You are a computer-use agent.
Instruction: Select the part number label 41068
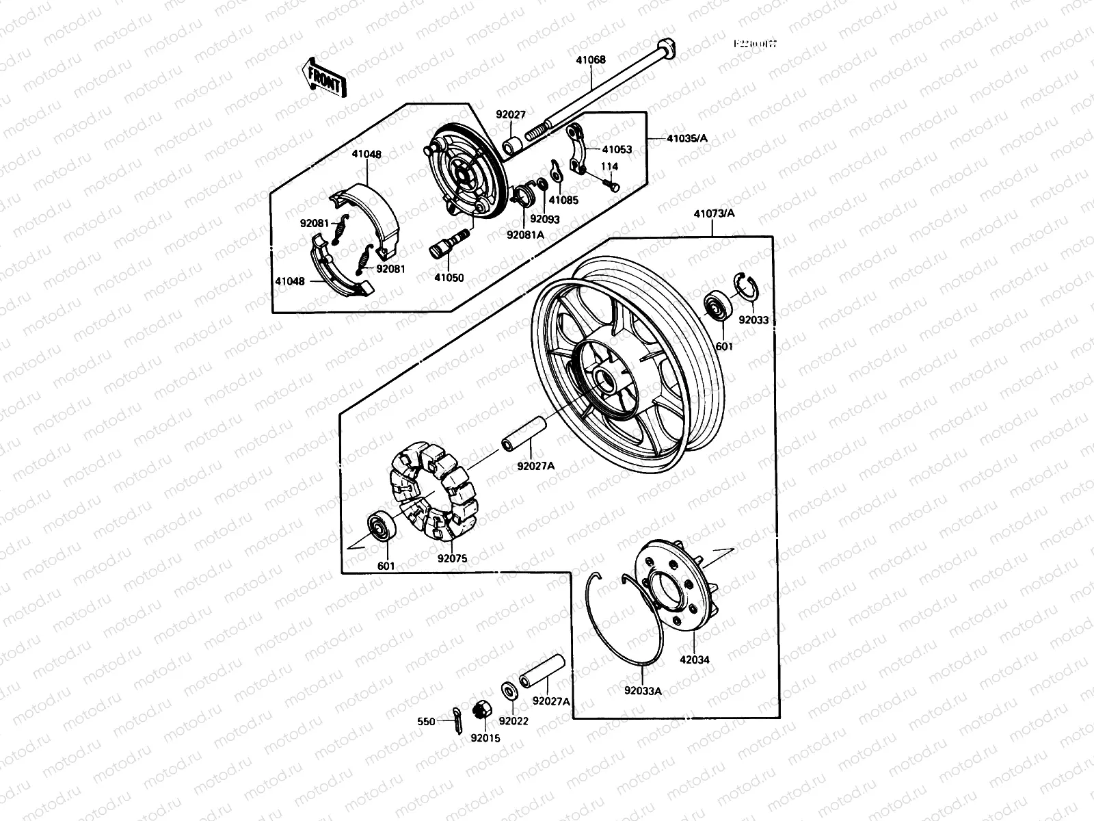tap(590, 60)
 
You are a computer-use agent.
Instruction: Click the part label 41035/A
tap(686, 139)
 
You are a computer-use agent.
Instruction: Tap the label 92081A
tap(525, 234)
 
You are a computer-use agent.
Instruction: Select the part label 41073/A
tap(714, 213)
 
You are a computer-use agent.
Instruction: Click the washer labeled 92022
tap(509, 689)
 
